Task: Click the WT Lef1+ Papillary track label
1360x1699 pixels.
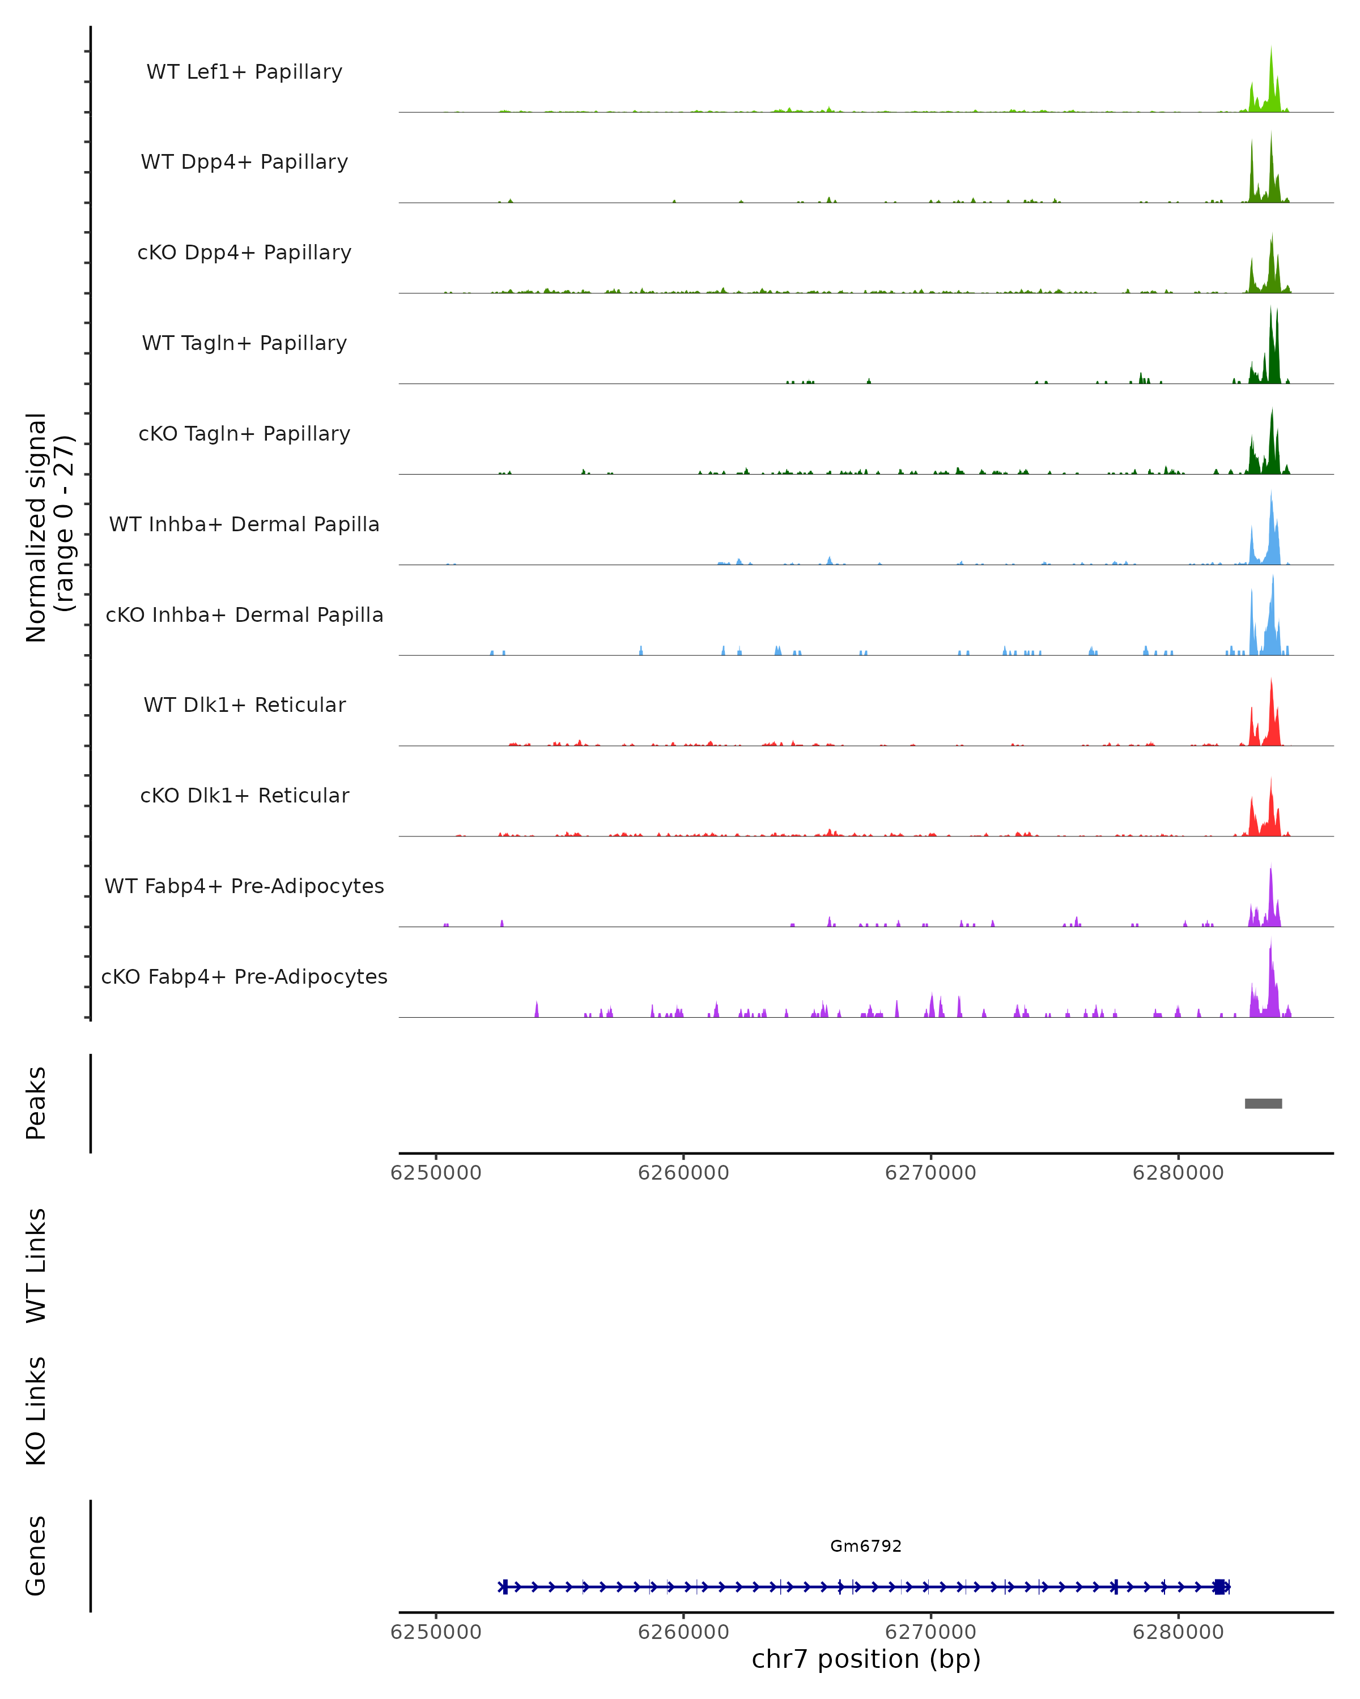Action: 244,72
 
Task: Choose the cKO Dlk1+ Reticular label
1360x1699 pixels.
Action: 244,795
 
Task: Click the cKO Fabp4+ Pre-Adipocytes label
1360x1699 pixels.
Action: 244,976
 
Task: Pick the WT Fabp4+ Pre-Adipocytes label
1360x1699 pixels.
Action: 244,886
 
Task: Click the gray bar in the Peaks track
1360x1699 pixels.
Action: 1263,1103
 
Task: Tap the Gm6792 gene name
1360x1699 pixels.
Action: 866,1546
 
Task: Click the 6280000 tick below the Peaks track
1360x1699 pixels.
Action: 1178,1173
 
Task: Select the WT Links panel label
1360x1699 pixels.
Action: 36,1265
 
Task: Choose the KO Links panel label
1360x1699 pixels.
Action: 36,1411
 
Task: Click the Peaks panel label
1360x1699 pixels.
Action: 36,1103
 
